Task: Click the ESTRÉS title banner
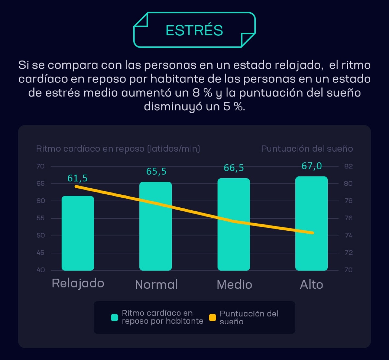[194, 30]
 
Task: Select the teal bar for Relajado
[78, 233]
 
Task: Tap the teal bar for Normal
[156, 227]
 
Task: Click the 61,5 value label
[78, 178]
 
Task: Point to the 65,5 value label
[156, 171]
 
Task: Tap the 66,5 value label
[234, 168]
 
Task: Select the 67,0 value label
[312, 166]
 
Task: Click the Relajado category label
[78, 283]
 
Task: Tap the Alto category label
[312, 285]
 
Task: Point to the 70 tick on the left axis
[41, 166]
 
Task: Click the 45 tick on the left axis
[41, 253]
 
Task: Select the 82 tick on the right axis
[348, 166]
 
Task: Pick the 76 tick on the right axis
[348, 218]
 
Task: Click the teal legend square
[114, 318]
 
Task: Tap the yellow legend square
[212, 318]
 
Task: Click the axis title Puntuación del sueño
[307, 149]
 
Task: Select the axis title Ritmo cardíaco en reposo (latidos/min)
[118, 149]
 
